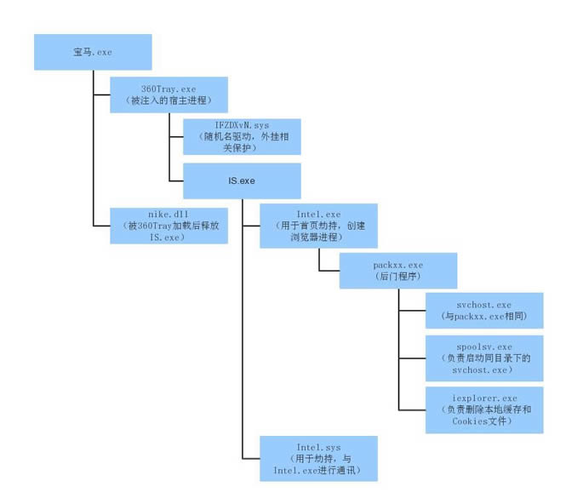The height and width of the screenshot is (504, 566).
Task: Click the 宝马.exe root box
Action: tap(93, 52)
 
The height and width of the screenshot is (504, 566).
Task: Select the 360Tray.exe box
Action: tap(169, 94)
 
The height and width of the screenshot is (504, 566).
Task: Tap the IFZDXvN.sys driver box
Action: tap(242, 136)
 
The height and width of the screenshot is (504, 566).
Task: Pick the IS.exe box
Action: tap(242, 180)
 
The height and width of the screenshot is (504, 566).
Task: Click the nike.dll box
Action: tap(169, 226)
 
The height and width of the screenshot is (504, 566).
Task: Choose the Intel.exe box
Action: tap(318, 225)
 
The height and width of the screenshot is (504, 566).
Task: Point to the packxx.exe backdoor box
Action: tap(397, 271)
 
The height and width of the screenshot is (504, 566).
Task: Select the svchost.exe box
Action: tap(483, 310)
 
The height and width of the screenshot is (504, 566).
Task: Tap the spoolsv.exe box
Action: tap(483, 358)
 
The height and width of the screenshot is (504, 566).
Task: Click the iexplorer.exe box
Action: tap(483, 409)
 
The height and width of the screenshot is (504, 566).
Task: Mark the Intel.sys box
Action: tap(318, 458)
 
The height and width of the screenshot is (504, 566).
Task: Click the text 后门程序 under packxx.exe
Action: tap(397, 277)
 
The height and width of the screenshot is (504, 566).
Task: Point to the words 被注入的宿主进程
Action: tap(169, 100)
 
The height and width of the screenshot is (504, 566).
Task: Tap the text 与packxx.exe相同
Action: tap(483, 316)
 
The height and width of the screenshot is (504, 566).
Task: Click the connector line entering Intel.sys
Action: tap(251, 458)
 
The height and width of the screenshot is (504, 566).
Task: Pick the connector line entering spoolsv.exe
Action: tap(412, 358)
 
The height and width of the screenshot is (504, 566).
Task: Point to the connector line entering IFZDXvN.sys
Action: tap(177, 136)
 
